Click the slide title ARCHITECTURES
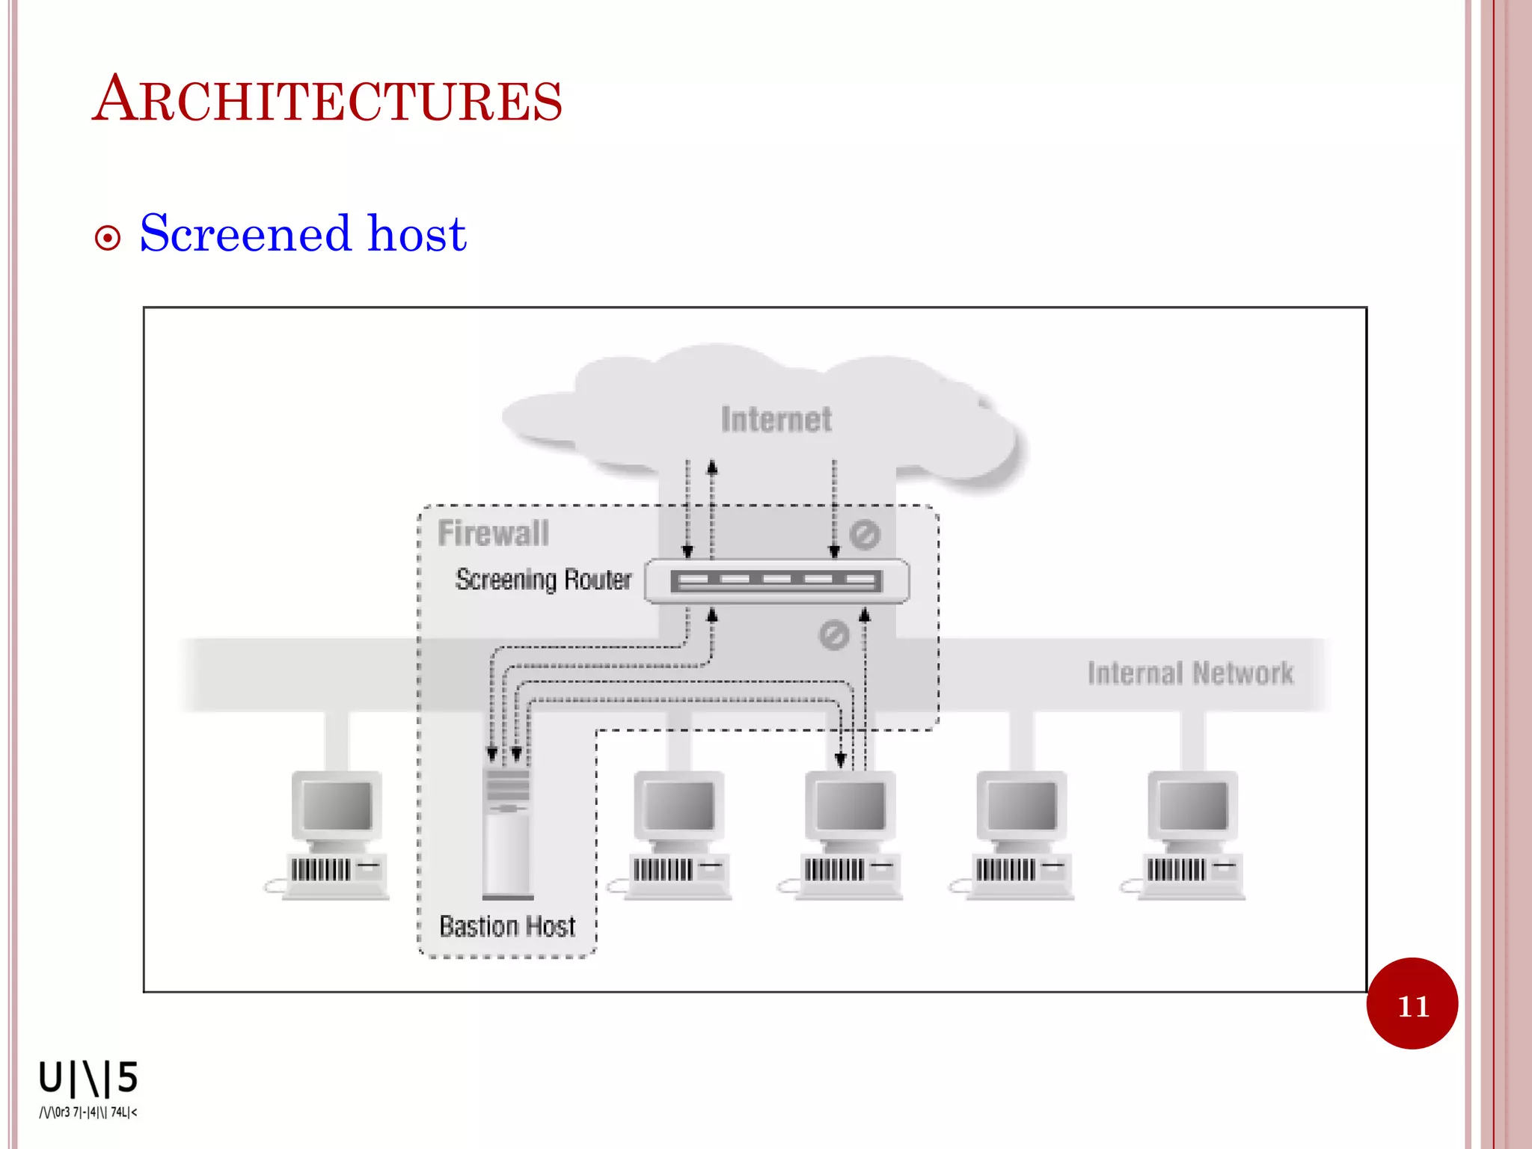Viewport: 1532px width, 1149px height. (x=327, y=100)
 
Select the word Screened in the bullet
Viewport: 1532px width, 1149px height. (x=245, y=233)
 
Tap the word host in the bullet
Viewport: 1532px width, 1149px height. (x=417, y=233)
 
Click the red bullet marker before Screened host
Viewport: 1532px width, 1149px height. (x=108, y=239)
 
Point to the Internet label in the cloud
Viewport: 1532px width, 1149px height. (x=776, y=420)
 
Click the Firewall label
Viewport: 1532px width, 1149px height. (x=493, y=533)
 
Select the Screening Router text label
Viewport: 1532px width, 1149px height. (x=544, y=580)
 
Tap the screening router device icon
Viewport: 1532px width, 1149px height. (x=776, y=581)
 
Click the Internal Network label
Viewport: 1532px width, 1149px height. (x=1189, y=673)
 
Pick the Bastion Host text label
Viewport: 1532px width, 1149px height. (x=507, y=927)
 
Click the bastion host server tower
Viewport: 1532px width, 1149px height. (x=507, y=830)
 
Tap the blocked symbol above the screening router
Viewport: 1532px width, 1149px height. (x=864, y=535)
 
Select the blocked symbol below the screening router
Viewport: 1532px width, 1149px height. (x=833, y=635)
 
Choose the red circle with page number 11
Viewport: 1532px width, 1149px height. (x=1412, y=1004)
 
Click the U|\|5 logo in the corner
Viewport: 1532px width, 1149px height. (x=88, y=1078)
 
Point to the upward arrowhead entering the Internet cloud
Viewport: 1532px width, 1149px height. (x=712, y=468)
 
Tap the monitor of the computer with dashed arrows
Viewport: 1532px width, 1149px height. (x=850, y=806)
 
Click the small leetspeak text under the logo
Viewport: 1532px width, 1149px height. (x=88, y=1112)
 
